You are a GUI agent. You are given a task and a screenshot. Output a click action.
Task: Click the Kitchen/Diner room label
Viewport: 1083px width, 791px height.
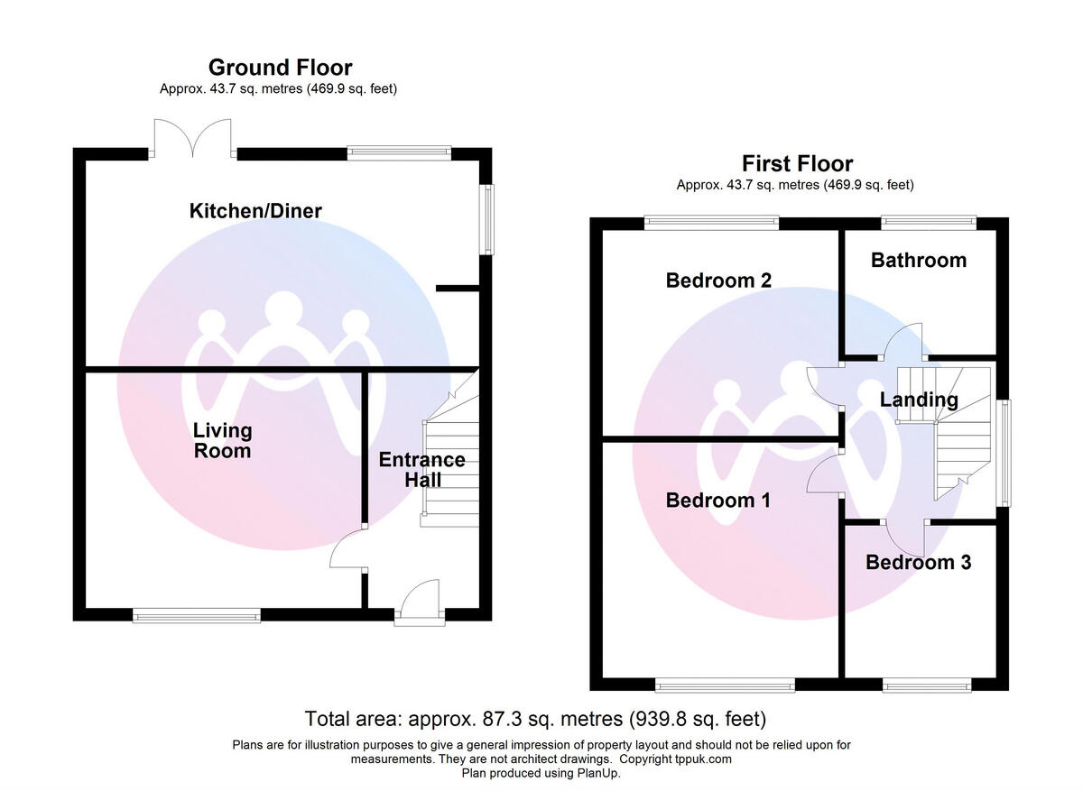[255, 211]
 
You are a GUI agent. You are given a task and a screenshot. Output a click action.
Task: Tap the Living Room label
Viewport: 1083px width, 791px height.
[222, 440]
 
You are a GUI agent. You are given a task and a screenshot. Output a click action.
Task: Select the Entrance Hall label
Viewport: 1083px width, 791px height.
[421, 470]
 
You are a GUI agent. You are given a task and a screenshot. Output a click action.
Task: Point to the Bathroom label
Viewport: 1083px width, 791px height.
[918, 261]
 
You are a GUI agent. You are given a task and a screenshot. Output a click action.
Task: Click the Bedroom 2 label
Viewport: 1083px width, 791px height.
[718, 281]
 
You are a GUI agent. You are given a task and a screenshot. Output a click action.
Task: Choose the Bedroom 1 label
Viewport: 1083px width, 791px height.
[717, 501]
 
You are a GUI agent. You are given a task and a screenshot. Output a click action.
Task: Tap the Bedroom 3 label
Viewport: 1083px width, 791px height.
[918, 563]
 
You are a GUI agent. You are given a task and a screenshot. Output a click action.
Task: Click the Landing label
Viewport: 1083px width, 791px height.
[919, 400]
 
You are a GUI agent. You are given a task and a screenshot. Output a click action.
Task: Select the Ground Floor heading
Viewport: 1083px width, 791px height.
[280, 68]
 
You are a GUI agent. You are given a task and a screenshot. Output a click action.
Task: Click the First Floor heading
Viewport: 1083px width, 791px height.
[797, 164]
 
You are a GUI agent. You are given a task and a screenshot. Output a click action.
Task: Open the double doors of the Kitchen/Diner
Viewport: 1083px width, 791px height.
[193, 138]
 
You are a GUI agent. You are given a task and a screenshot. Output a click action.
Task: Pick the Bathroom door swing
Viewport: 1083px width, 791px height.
[905, 340]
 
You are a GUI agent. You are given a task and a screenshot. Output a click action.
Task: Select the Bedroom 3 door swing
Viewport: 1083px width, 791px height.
[905, 538]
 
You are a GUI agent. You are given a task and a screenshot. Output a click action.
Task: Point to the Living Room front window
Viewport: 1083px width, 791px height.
[197, 616]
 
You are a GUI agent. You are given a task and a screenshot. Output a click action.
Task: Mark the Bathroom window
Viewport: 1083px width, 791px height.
[929, 219]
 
